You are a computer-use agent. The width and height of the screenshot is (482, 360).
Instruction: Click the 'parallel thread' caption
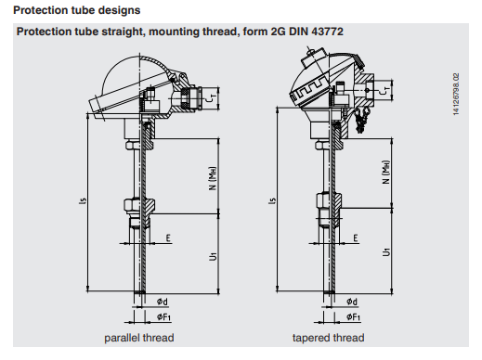139,338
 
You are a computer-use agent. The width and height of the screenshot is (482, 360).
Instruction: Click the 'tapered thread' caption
328,338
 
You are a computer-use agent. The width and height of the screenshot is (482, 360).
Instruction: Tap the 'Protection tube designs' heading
77,10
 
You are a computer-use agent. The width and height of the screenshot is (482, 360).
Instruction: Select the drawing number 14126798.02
456,95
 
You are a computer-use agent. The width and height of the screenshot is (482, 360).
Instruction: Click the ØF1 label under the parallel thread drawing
163,316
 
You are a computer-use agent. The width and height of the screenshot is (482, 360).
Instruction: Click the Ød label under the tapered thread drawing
352,302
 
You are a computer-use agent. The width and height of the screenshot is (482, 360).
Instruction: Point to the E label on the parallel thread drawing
168,238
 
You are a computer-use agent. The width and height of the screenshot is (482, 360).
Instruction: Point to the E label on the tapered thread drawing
356,238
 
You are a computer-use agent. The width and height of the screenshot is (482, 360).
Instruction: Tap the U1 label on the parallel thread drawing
213,256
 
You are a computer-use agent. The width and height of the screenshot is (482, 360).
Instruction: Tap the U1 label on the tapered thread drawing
386,252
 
